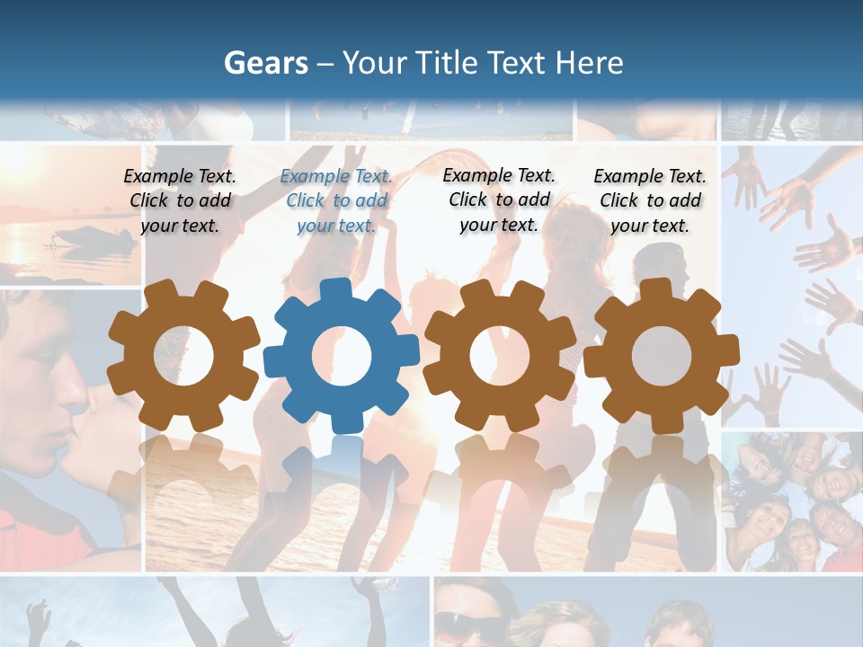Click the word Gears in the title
pyautogui.click(x=265, y=63)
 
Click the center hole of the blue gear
pyautogui.click(x=342, y=356)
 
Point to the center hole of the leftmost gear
pyautogui.click(x=183, y=356)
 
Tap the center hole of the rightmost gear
pyautogui.click(x=661, y=356)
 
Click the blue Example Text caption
pyautogui.click(x=336, y=201)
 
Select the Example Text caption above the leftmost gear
pyautogui.click(x=180, y=201)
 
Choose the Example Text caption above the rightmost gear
pyautogui.click(x=650, y=201)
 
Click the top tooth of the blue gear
pyautogui.click(x=335, y=289)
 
